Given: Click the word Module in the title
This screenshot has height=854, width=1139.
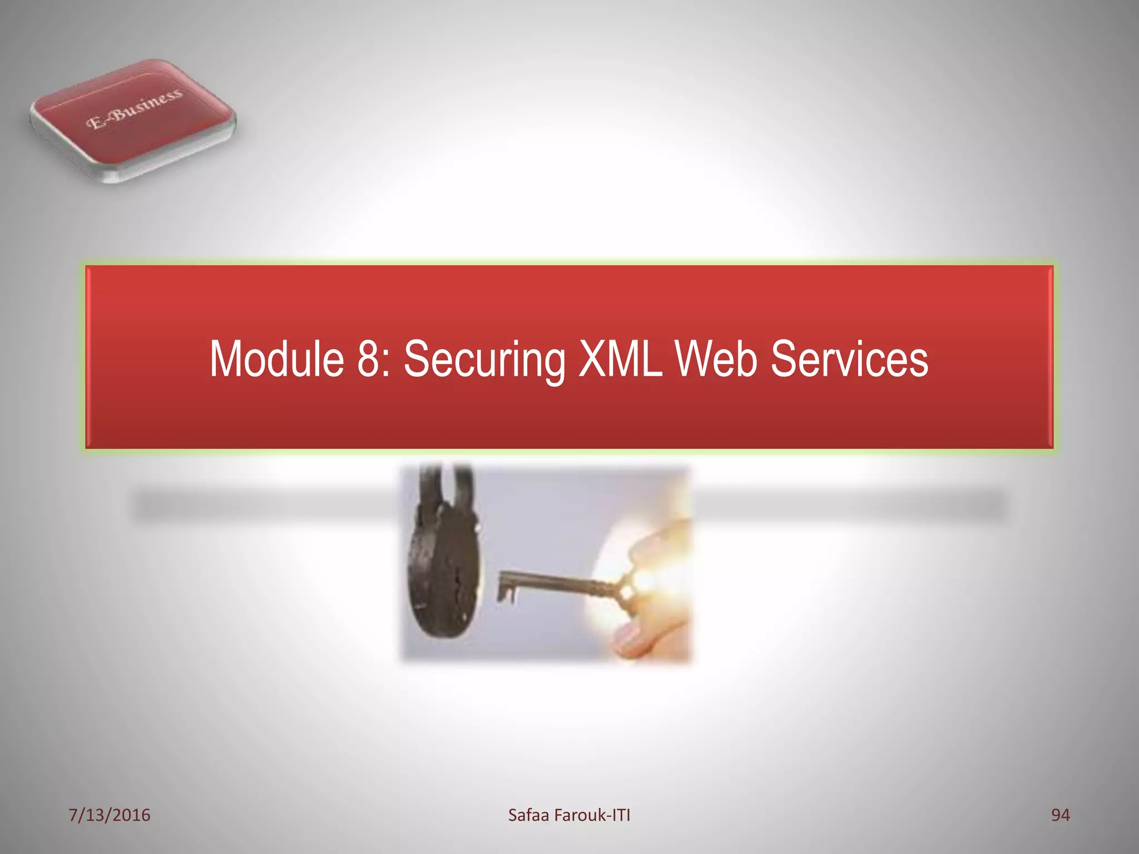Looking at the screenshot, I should coord(276,359).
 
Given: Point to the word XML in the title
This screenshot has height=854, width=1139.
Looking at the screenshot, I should coord(621,359).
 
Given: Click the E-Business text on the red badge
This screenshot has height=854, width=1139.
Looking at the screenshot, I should coord(134,109).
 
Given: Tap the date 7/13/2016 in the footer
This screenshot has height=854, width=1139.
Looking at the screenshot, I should coord(110,815).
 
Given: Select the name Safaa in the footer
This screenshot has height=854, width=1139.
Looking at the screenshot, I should coord(528,815).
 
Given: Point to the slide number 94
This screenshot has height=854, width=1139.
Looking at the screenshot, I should coord(1060,815).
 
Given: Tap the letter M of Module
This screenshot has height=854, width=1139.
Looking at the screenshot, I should coord(227,359).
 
